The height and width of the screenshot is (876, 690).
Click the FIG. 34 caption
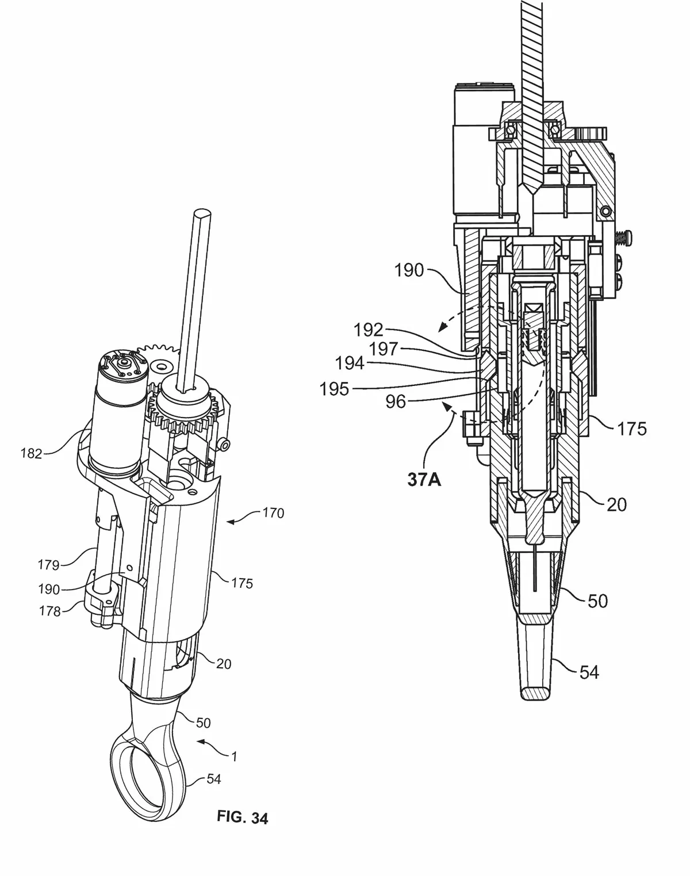tap(242, 817)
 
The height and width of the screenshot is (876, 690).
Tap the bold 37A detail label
tap(424, 480)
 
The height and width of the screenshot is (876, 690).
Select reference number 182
tap(32, 453)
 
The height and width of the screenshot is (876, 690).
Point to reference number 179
tap(48, 565)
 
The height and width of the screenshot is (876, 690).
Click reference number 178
tap(49, 611)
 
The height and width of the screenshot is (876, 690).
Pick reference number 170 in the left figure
tap(273, 513)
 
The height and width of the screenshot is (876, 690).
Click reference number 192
tap(369, 330)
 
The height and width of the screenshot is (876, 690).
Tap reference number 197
tap(383, 349)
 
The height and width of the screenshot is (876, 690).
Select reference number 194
tap(350, 363)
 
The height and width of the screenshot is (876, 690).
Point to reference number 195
tap(334, 389)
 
